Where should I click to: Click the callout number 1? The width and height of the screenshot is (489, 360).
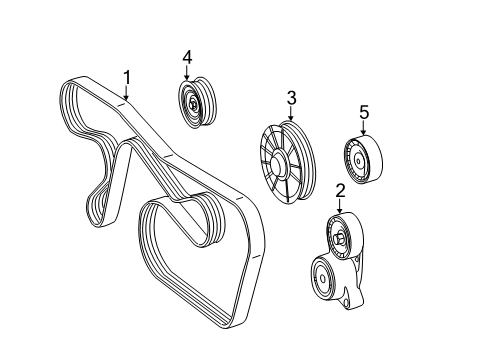[x=127, y=76]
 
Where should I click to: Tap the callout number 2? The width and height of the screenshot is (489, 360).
[x=341, y=191]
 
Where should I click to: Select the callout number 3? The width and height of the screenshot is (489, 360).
[x=291, y=98]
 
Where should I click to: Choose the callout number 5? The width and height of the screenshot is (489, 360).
[x=363, y=113]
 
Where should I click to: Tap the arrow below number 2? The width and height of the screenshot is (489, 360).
[x=341, y=207]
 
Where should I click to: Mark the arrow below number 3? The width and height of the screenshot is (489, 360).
[x=291, y=114]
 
